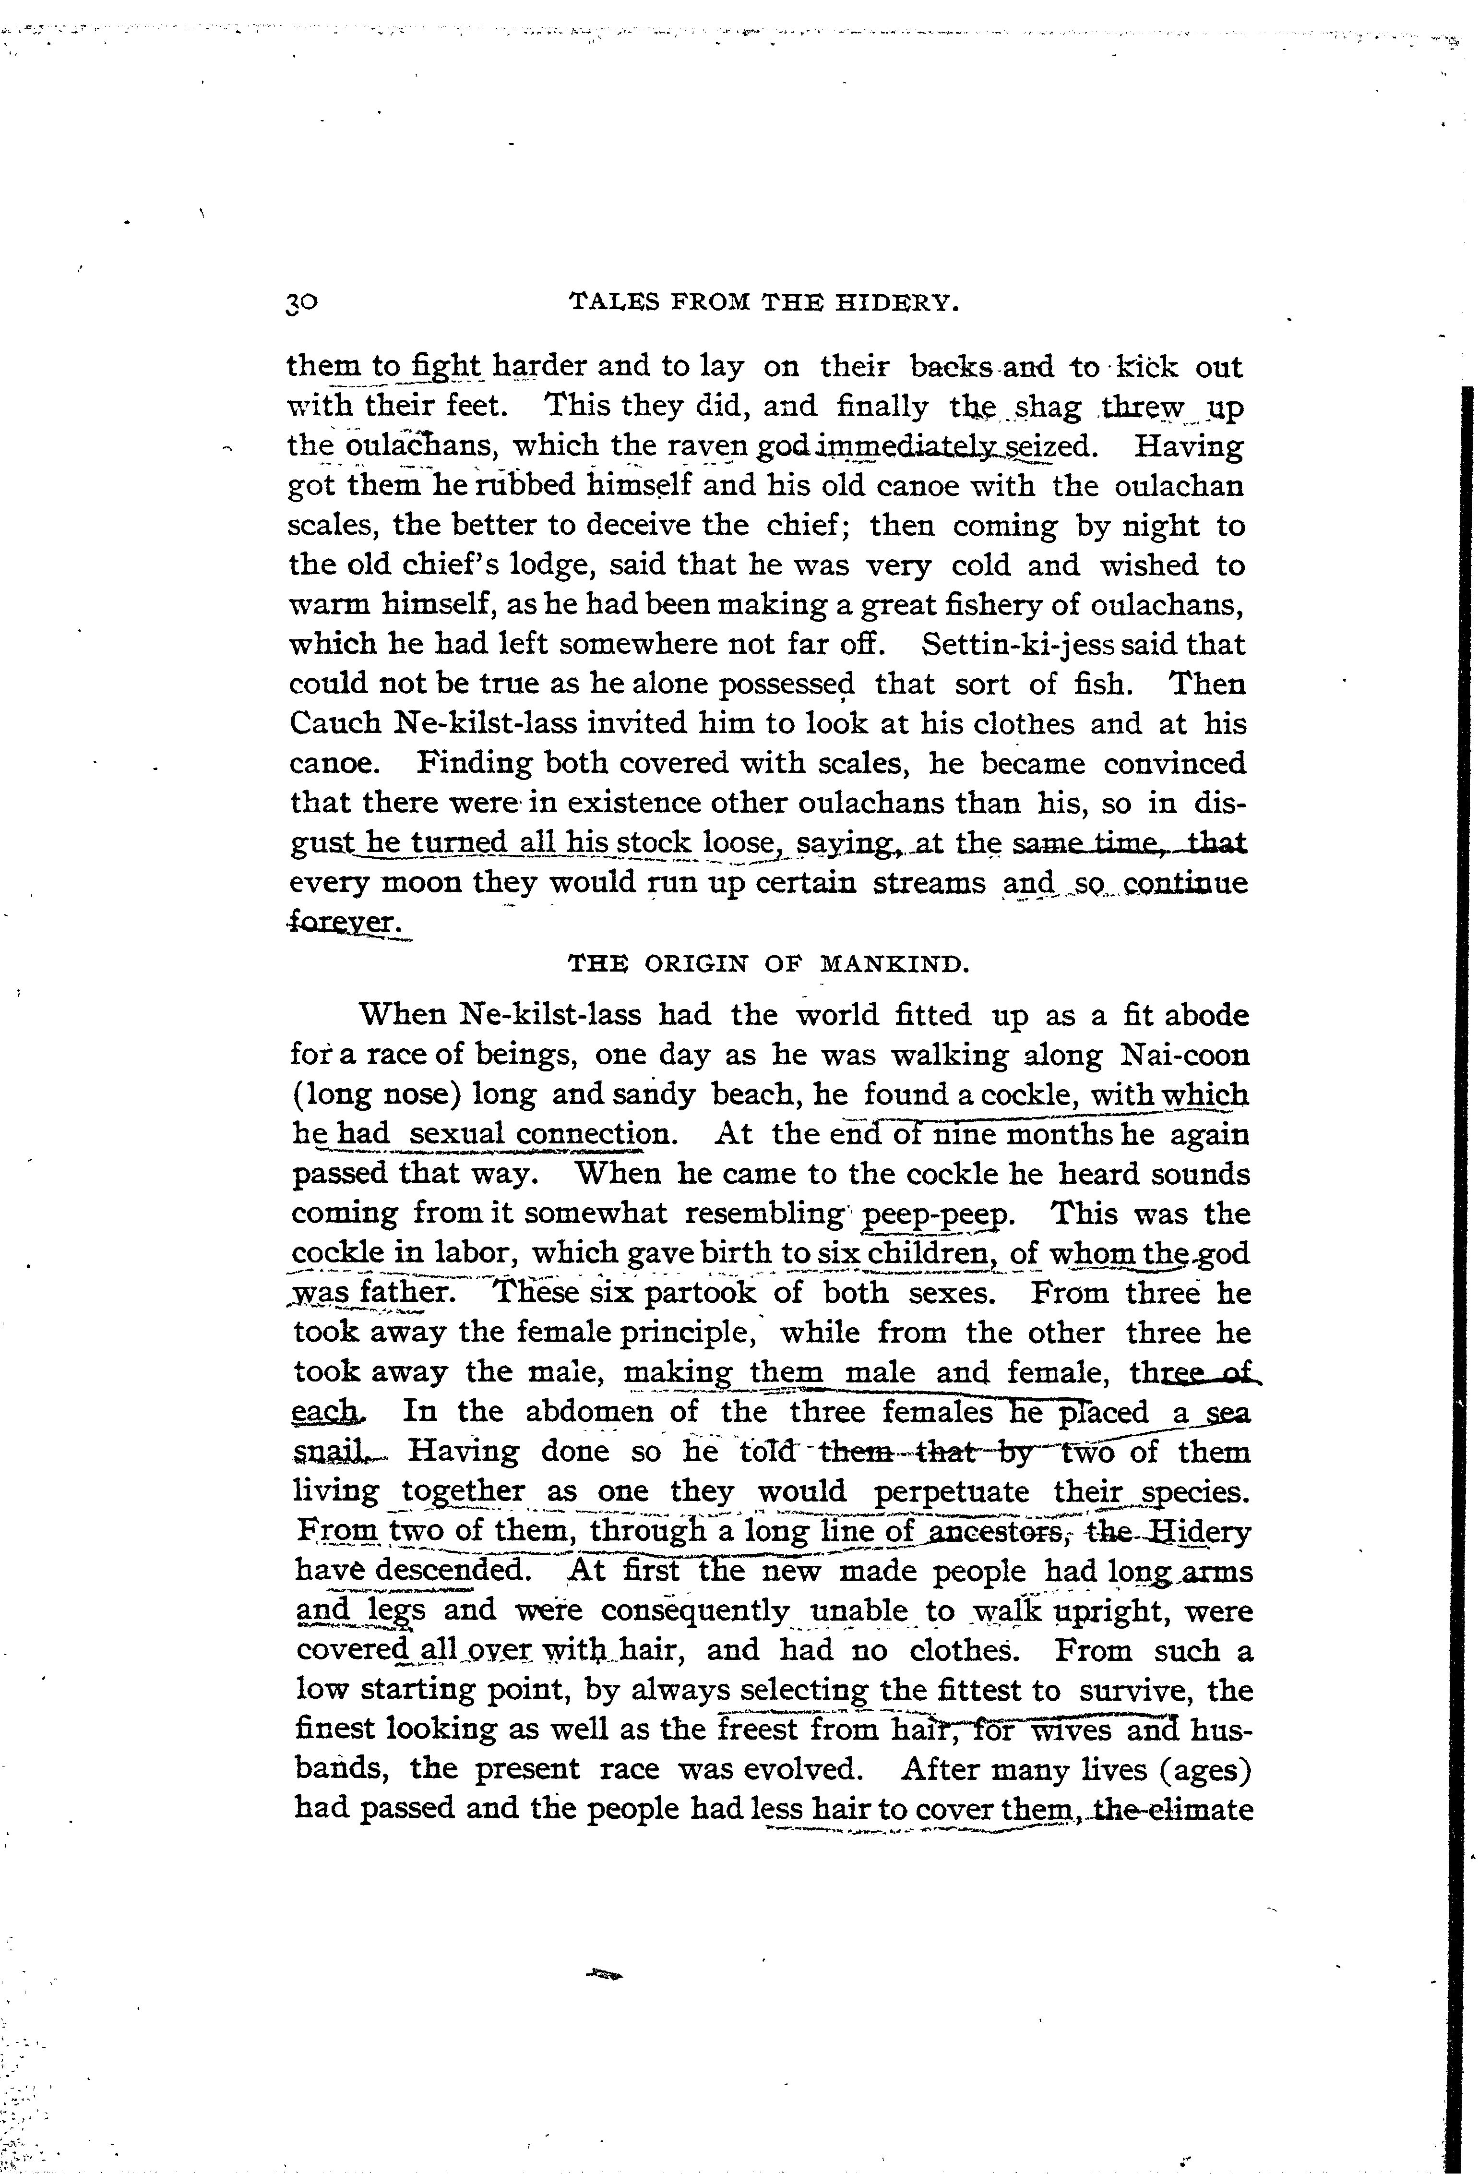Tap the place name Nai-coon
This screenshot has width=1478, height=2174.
[1183, 1055]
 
